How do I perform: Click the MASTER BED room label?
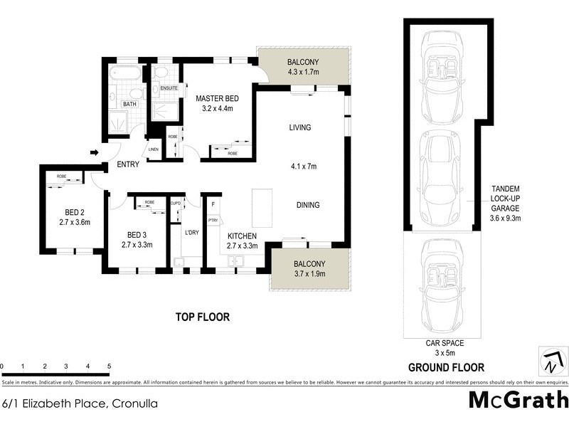point(217,97)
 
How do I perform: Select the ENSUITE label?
point(169,88)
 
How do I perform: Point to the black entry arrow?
point(95,152)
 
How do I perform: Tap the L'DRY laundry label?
point(191,233)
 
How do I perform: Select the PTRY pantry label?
point(212,221)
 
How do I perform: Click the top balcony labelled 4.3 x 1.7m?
point(304,67)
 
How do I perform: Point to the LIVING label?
point(300,128)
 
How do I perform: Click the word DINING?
point(308,205)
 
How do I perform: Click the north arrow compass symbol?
point(549,361)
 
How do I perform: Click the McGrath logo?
point(518,400)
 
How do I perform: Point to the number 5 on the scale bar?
point(109,366)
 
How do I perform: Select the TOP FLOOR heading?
point(203,317)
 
